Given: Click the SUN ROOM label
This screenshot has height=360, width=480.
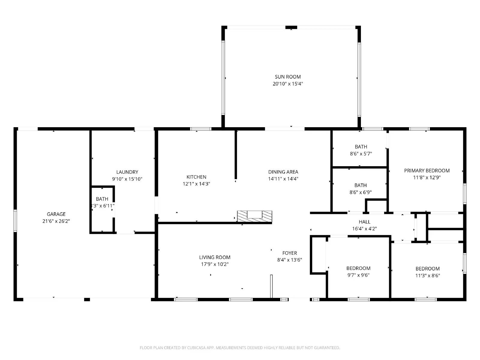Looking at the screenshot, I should coord(288,77).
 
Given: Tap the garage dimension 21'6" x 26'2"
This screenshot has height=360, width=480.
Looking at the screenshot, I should coord(56,221).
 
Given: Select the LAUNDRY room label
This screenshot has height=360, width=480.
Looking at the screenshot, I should coord(127,172).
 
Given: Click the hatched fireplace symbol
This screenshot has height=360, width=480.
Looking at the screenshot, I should coord(254,216).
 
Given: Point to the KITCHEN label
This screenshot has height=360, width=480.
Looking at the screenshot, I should coord(196,177).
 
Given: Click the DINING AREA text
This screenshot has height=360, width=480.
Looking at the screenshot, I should coord(283,172).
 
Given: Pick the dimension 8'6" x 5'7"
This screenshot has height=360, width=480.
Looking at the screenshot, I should coord(361,154).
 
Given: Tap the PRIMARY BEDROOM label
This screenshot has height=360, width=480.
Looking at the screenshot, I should coord(427,170).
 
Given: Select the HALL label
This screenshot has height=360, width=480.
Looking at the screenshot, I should coord(364,222).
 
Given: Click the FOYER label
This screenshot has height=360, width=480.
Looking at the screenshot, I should coord(289,253).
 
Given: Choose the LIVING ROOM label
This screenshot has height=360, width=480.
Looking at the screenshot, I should coord(215,257).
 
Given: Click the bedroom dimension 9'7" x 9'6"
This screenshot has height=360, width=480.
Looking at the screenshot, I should coord(358,275).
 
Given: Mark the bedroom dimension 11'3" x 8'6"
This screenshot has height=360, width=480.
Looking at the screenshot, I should coord(427,275).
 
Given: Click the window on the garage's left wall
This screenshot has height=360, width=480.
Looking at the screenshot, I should coord(15,221).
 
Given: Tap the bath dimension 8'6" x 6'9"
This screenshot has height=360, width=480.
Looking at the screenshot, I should coord(360,192).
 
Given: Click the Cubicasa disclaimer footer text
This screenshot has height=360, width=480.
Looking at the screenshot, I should coord(240,348).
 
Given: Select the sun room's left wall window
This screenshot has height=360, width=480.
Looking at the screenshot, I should coord(223,78).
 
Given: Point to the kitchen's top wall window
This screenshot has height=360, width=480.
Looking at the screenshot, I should coord(201,129).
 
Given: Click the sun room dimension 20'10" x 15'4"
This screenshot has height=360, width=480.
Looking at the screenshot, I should coord(288,84).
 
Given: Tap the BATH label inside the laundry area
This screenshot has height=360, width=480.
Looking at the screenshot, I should coord(102,199).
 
